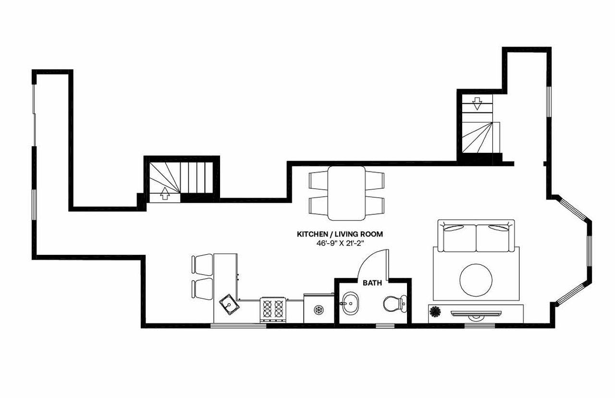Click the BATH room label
pyautogui.click(x=372, y=283)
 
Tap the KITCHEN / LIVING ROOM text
pyautogui.click(x=340, y=234)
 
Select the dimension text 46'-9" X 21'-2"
pyautogui.click(x=340, y=243)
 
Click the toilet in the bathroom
pyautogui.click(x=394, y=304)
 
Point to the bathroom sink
pyautogui.click(x=350, y=304)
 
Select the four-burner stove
pyautogui.click(x=272, y=310)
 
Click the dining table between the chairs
pyautogui.click(x=346, y=193)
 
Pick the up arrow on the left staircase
pyautogui.click(x=165, y=193)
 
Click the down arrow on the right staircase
pyautogui.click(x=477, y=103)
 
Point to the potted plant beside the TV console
pyautogui.click(x=435, y=312)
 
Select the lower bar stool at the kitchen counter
pyautogui.click(x=202, y=288)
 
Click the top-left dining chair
pyautogui.click(x=318, y=180)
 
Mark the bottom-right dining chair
pyautogui.click(x=375, y=206)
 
